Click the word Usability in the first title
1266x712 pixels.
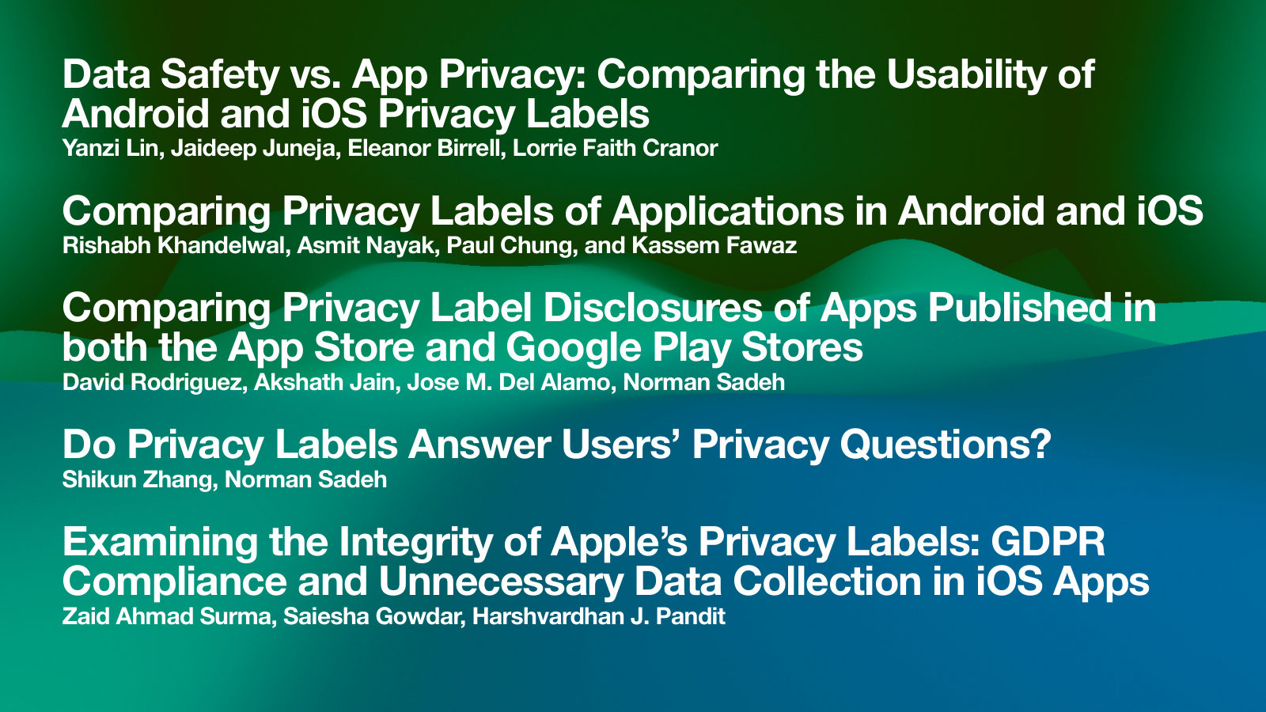(966, 74)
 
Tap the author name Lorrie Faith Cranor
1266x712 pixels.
(615, 148)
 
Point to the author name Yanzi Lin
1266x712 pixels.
(110, 148)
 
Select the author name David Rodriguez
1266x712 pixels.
(151, 382)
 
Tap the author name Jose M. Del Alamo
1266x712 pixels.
(508, 382)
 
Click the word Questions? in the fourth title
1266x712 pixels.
(945, 445)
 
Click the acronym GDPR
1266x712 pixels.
(1048, 542)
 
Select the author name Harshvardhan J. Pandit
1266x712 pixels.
(598, 616)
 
